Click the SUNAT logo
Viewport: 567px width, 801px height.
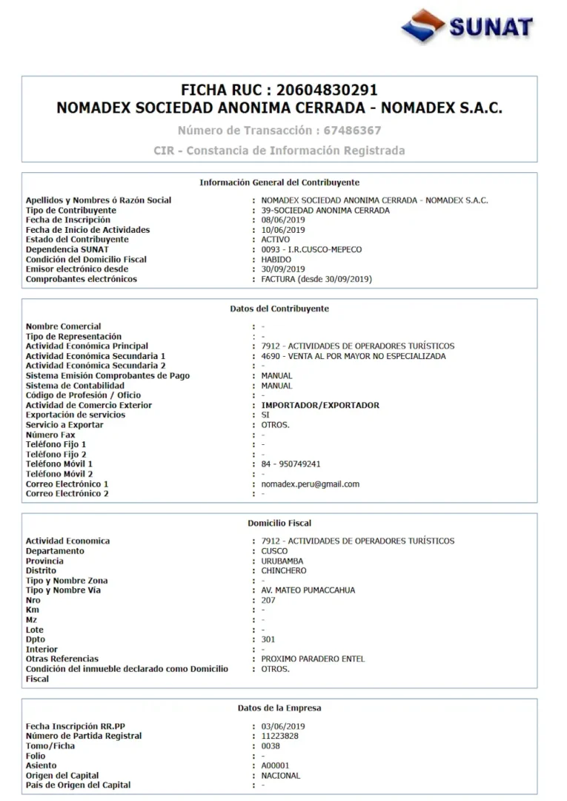467,27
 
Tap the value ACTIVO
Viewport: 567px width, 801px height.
276,240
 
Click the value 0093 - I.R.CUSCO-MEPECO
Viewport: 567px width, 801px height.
311,250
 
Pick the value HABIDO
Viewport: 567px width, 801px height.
276,260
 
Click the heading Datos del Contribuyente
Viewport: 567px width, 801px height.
279,309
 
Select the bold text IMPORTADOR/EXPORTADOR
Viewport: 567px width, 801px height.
320,406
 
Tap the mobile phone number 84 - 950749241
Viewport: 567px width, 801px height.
291,464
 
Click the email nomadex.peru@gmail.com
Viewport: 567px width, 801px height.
310,484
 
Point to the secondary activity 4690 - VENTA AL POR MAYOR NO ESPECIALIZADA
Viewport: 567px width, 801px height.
354,356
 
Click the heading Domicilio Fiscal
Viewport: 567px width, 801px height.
279,524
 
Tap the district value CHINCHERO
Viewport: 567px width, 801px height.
284,571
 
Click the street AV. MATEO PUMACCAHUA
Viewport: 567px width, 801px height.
308,590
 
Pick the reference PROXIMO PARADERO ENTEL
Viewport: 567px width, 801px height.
313,659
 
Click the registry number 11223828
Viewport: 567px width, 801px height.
279,736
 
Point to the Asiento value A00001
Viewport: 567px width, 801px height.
275,765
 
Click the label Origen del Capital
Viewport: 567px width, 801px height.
62,776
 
